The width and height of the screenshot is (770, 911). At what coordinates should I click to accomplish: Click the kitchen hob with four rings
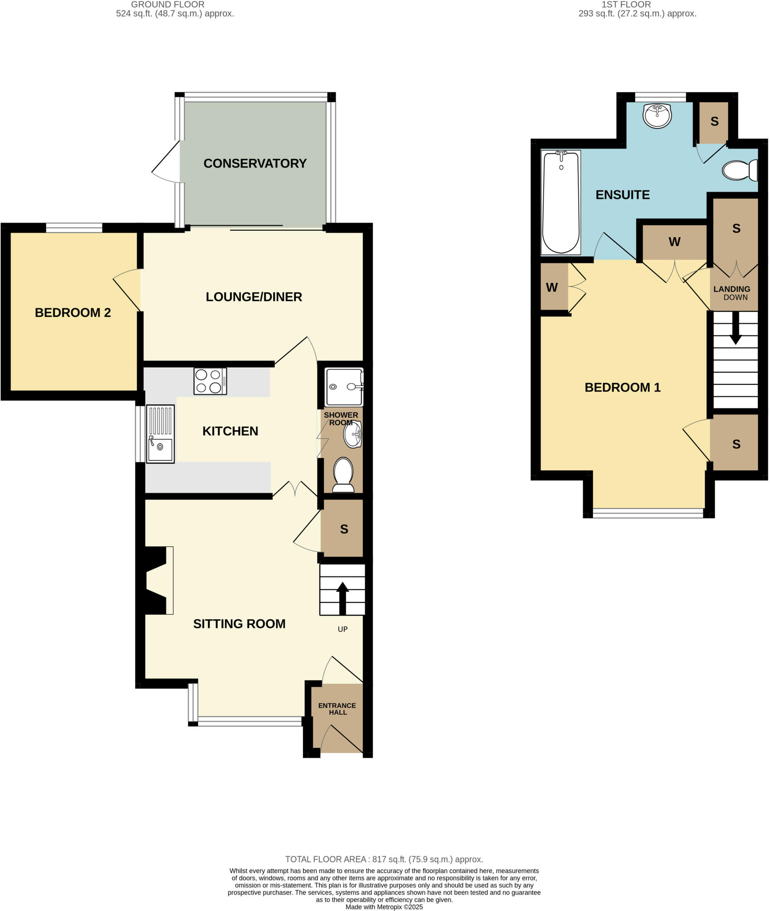point(210,381)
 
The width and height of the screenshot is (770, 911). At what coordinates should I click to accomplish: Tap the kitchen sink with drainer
point(160,434)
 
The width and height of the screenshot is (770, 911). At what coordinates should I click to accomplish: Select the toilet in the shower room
point(343,475)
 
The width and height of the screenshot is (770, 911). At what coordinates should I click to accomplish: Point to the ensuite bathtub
point(560,202)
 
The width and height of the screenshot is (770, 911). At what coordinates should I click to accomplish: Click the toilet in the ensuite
point(739,170)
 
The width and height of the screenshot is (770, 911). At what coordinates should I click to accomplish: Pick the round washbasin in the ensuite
point(657,116)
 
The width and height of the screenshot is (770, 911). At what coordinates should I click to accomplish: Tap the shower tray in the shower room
point(343,387)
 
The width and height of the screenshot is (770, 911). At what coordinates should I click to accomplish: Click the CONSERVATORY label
point(255,164)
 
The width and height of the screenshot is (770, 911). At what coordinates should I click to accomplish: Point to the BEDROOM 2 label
point(73,313)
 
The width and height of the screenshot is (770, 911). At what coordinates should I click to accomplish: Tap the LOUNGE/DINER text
point(254,297)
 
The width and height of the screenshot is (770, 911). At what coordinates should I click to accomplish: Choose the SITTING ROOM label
point(239,624)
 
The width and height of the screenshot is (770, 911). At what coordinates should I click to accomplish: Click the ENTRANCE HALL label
point(337,709)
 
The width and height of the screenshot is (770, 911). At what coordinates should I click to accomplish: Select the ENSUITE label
point(622,195)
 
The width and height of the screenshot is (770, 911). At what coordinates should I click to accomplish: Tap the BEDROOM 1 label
point(622,387)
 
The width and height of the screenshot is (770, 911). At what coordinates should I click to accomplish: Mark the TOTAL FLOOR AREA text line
point(384,859)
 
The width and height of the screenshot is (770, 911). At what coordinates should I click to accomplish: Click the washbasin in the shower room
point(352,435)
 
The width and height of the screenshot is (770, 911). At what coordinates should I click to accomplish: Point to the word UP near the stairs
point(343,629)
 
